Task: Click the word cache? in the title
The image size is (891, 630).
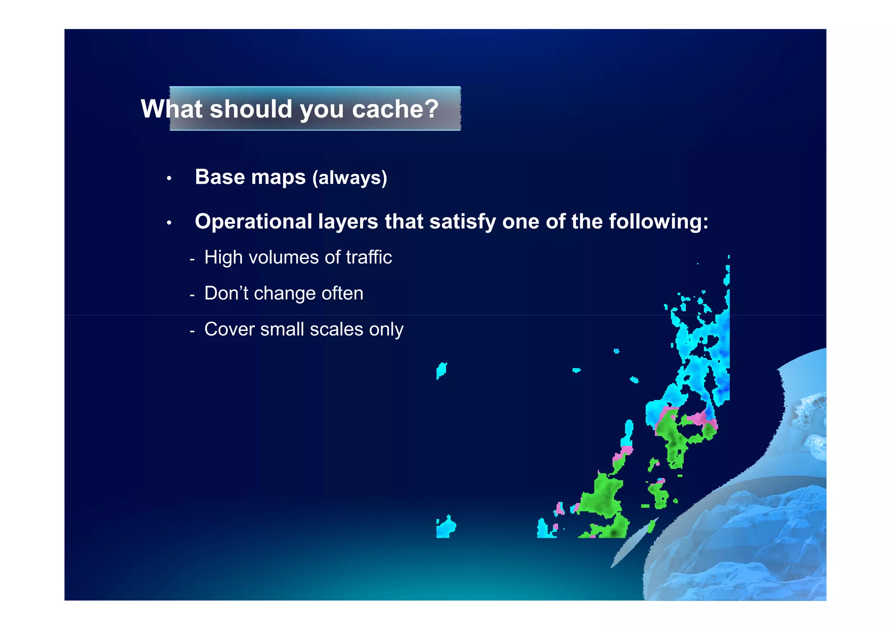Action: (x=395, y=109)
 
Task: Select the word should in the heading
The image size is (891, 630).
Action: (x=251, y=109)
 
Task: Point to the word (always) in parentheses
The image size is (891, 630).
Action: (x=350, y=178)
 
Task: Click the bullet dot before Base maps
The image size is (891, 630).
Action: (x=169, y=178)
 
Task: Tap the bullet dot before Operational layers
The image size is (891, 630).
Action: (x=169, y=223)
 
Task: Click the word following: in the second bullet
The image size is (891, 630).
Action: (x=659, y=222)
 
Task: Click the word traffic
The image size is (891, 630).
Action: (x=369, y=257)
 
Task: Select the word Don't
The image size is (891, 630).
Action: (x=226, y=293)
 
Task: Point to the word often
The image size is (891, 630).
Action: (x=342, y=293)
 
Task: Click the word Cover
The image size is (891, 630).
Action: (x=229, y=329)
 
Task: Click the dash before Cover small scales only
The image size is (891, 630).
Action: (x=192, y=331)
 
